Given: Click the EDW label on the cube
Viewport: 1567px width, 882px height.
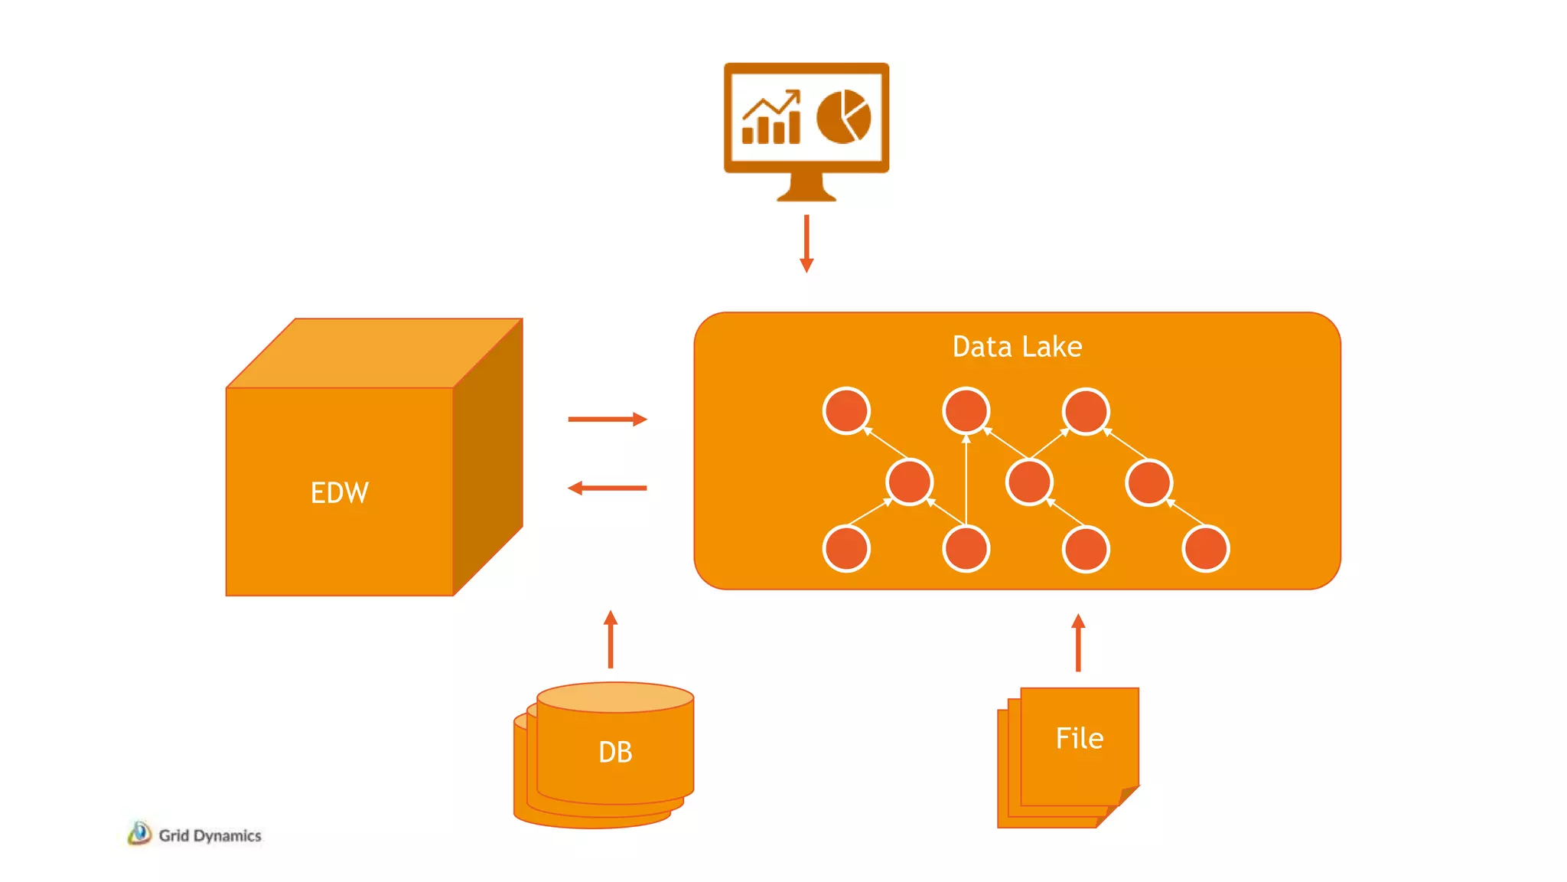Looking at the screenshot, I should coord(340,492).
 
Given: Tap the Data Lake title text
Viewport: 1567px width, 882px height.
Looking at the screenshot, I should coord(1017,347).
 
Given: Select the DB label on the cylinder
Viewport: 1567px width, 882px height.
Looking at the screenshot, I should coord(615,752).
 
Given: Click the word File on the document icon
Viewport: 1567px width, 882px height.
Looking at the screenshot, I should coord(1079,738).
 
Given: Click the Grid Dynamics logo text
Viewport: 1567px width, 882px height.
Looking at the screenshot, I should coord(210,835).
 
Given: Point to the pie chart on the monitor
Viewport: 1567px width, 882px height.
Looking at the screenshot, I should coord(843,117).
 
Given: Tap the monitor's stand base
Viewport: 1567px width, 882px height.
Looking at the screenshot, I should coord(806,196).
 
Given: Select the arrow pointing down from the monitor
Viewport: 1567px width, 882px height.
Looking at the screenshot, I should coord(806,243).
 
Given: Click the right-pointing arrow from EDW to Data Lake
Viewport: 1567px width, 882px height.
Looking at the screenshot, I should coord(608,419).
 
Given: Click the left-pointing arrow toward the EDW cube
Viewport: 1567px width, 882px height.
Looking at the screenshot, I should coord(608,488).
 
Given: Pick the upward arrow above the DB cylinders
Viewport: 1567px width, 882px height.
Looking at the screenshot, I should coord(611,639).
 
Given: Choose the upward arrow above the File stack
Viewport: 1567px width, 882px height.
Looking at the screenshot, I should coord(1078,643).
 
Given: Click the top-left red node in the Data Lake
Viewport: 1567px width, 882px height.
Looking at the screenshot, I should coord(846,411).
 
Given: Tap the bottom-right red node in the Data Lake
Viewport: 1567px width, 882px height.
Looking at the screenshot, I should coord(1206,549).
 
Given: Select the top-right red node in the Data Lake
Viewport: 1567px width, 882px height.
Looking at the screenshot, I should coord(1086,411).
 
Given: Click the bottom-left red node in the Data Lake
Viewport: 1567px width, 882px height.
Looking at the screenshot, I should coord(846,549).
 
